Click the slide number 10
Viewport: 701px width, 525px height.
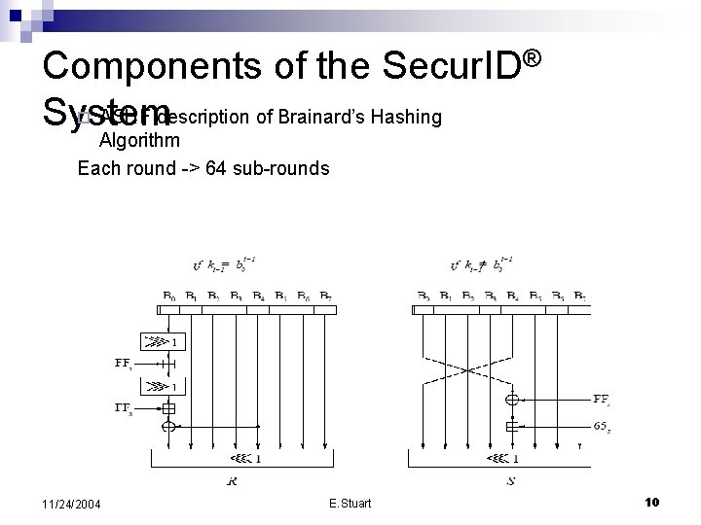click(x=652, y=502)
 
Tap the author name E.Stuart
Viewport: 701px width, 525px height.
click(x=350, y=503)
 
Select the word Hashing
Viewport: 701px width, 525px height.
click(x=412, y=119)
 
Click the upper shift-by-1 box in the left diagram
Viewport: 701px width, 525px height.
click(x=157, y=341)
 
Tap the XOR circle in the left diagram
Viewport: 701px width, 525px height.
click(x=168, y=426)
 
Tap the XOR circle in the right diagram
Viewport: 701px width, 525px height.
click(x=512, y=398)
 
